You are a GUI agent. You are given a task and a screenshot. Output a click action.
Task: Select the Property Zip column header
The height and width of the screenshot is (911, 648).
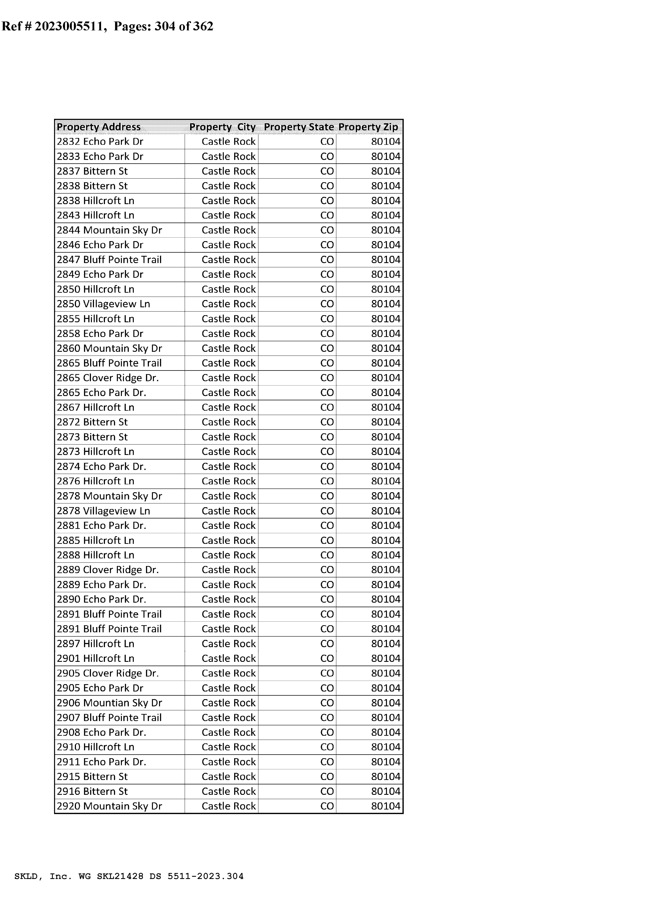click(368, 127)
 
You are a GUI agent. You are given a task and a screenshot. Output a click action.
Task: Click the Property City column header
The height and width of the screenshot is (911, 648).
click(222, 127)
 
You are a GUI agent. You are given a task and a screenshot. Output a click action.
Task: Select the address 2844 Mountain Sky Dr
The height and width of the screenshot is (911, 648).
click(109, 230)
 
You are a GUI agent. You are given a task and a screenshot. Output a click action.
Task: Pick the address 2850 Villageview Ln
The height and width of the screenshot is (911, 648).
click(103, 304)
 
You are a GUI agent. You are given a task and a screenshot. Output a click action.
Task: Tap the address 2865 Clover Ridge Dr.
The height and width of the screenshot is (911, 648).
click(108, 378)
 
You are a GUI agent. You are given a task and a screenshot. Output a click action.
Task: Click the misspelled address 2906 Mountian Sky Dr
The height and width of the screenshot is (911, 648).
click(109, 703)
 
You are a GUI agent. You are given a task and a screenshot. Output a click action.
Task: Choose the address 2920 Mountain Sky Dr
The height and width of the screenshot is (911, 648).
click(109, 806)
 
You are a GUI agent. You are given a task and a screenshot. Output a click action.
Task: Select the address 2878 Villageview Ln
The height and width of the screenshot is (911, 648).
click(103, 511)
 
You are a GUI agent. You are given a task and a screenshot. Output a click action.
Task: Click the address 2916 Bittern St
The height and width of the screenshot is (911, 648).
click(92, 791)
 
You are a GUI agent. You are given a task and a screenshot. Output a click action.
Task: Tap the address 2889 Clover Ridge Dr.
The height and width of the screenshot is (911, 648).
click(108, 570)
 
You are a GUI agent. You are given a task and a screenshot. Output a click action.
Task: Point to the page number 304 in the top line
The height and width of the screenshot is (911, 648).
click(165, 26)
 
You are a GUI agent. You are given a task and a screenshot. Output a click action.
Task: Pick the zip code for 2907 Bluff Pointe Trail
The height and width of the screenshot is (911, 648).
click(385, 717)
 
